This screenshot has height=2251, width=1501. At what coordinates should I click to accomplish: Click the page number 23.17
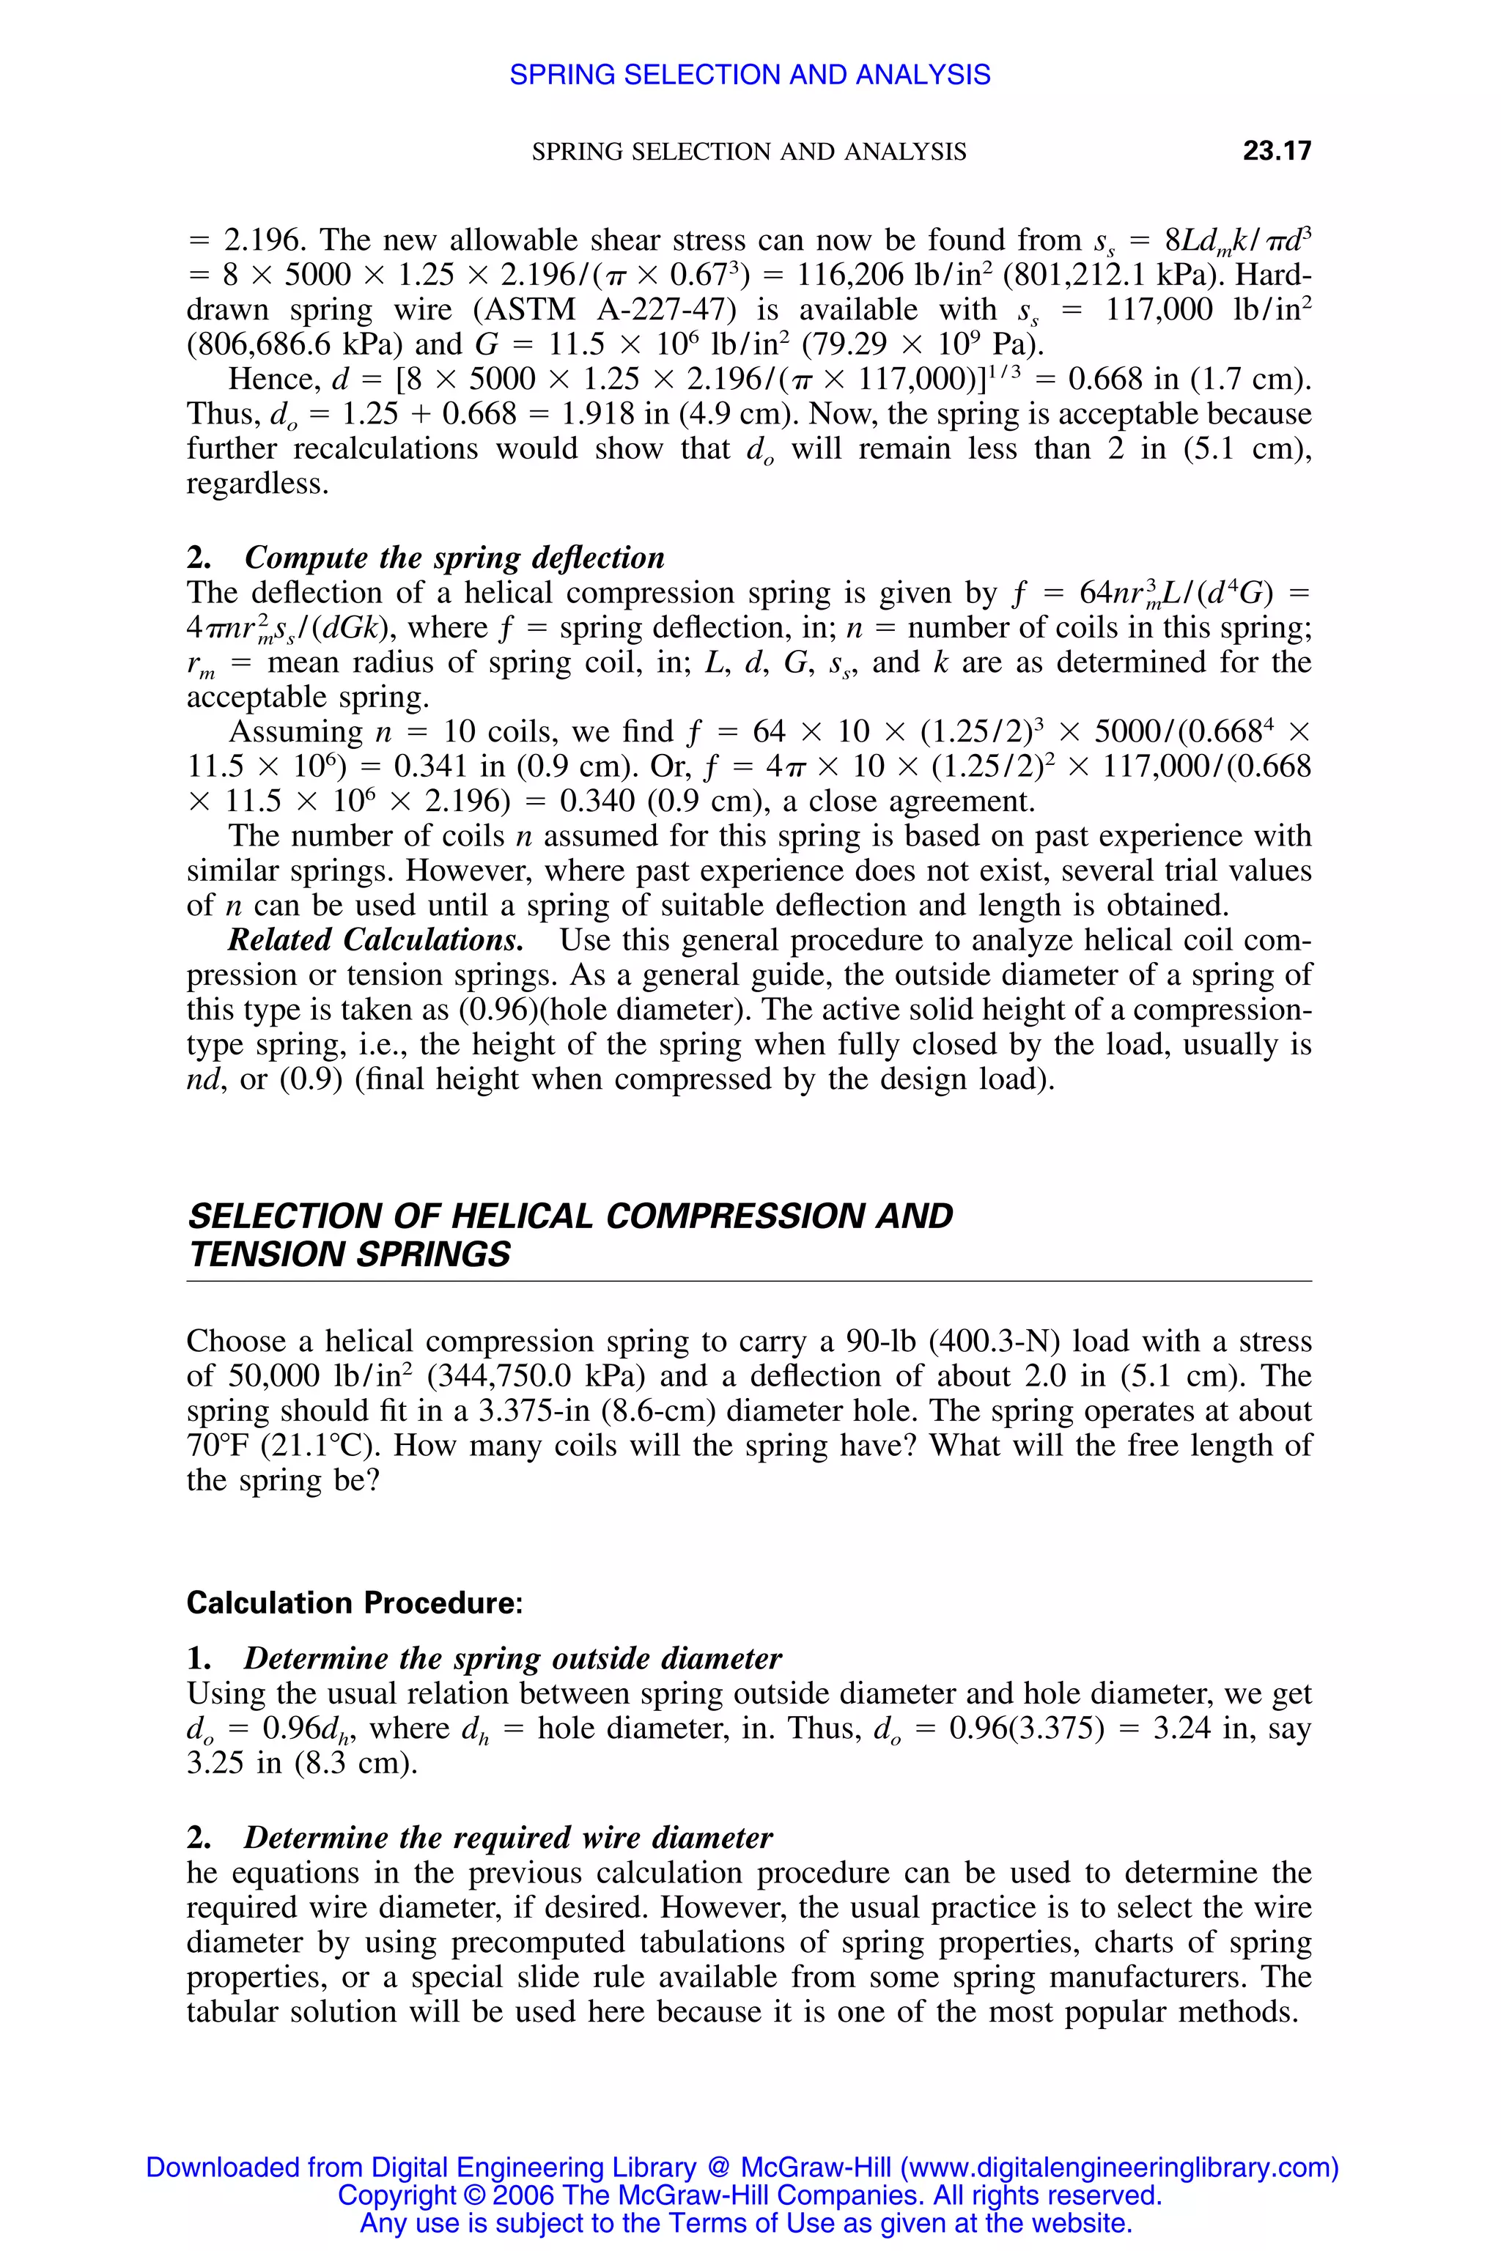click(x=1276, y=151)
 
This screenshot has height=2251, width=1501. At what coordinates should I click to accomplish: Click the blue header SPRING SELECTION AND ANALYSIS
click(x=750, y=75)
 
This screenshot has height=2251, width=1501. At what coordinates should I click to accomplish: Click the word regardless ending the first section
click(x=257, y=484)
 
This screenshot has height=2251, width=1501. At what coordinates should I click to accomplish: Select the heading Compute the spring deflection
click(x=454, y=558)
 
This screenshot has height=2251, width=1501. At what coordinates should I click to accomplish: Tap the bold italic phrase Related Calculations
click(x=375, y=941)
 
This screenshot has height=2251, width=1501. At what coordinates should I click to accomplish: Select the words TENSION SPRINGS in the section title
click(x=350, y=1254)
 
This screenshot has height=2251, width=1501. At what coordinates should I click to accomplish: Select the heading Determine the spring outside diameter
click(x=512, y=1659)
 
